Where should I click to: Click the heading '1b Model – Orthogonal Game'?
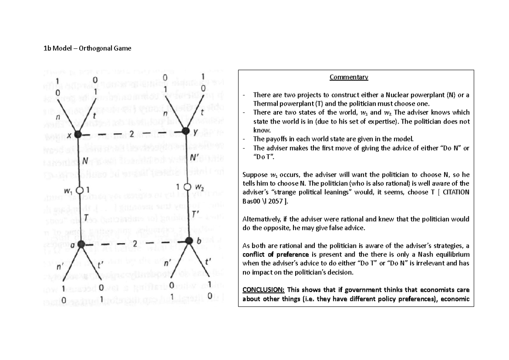pyautogui.click(x=87, y=48)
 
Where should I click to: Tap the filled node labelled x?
pyautogui.click(x=78, y=135)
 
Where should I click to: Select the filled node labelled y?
pyautogui.click(x=185, y=132)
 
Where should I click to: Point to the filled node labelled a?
pyautogui.click(x=80, y=245)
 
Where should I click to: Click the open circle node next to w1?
pyautogui.click(x=79, y=190)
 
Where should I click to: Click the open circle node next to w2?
pyautogui.click(x=185, y=187)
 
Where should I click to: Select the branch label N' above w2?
pyautogui.click(x=195, y=157)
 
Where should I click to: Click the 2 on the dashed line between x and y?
pyautogui.click(x=132, y=134)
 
